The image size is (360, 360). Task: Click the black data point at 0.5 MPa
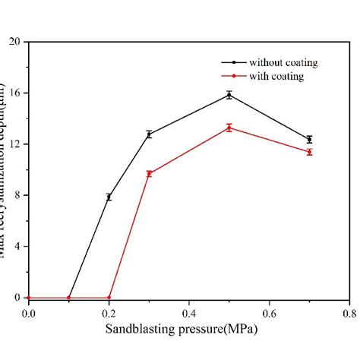(229, 95)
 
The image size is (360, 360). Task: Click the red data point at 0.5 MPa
(229, 128)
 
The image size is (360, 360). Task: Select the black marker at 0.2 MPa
(109, 197)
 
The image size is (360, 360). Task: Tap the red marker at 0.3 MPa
(149, 174)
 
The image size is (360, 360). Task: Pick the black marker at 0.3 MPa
(149, 134)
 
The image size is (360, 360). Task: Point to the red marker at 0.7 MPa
(309, 152)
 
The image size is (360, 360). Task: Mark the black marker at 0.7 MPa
(309, 140)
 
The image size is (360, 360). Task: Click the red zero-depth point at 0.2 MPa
(109, 298)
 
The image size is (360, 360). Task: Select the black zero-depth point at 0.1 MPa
(68, 298)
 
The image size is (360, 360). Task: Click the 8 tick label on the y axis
(17, 195)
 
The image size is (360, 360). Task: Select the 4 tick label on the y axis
(17, 247)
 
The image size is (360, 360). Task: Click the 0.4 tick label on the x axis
(188, 312)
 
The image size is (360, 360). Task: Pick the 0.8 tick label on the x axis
(349, 312)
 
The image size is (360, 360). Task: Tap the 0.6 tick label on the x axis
(269, 312)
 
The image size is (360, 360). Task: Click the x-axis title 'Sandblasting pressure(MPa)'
(188, 330)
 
